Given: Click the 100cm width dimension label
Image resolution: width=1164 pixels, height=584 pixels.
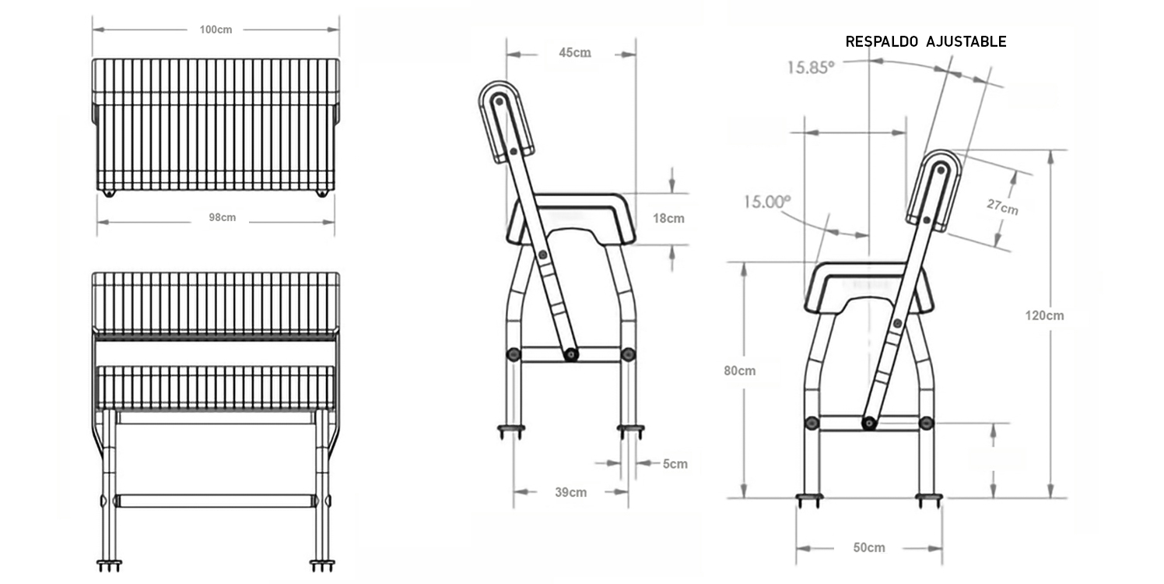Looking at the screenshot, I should (x=216, y=30).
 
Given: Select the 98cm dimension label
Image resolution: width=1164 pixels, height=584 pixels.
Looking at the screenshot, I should (x=222, y=217).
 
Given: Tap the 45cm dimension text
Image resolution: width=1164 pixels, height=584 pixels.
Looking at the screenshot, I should (x=574, y=53).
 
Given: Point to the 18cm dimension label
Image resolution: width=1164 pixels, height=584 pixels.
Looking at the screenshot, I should (x=668, y=218).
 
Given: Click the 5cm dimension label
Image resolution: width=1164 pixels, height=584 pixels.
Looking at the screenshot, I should (x=675, y=464).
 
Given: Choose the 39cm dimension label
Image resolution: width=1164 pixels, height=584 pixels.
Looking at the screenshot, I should (x=571, y=492).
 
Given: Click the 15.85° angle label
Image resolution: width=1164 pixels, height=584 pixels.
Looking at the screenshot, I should (x=809, y=67).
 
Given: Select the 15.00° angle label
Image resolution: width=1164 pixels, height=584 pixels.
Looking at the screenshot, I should (x=766, y=202).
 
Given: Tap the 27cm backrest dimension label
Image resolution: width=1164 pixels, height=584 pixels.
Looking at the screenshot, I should (x=1002, y=206).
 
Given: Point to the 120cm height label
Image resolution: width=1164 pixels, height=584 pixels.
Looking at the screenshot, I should (x=1043, y=315).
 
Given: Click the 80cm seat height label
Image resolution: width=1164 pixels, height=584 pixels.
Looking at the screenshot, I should (x=739, y=371).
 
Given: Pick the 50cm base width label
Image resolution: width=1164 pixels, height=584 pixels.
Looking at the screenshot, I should (x=868, y=547).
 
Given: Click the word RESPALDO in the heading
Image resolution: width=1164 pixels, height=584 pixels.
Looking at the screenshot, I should (x=882, y=42).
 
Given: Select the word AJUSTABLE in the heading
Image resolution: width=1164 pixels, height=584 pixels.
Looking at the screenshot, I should (x=966, y=42).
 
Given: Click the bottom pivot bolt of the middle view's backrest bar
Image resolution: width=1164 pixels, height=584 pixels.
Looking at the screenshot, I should (x=570, y=355).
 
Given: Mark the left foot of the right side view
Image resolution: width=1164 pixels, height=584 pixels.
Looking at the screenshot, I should (x=808, y=498).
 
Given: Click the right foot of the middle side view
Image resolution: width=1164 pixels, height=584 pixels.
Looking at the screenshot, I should (x=629, y=430).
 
